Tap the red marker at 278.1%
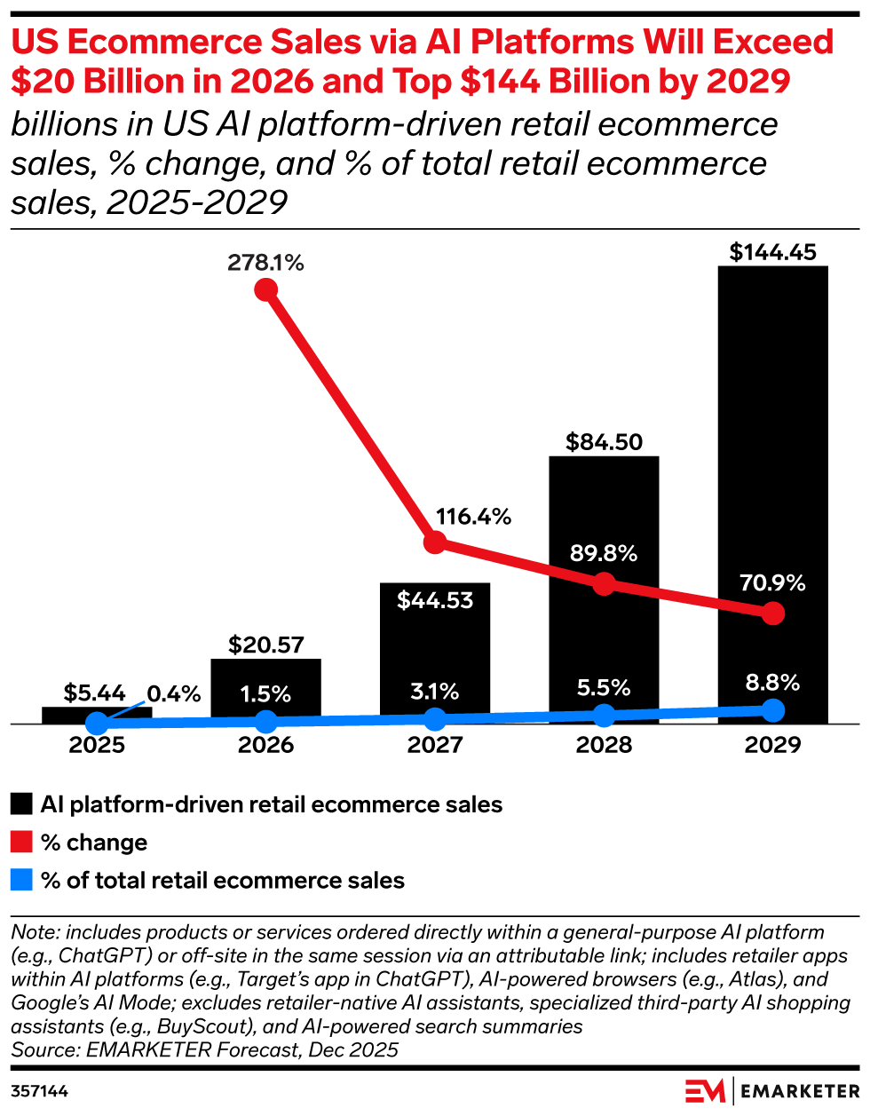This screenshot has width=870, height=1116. coord(265,289)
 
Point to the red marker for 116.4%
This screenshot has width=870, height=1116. coord(435,542)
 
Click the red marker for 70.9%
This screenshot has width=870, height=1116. coord(773,613)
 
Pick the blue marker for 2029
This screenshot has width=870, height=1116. coord(773,710)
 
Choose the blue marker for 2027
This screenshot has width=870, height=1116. coord(435,719)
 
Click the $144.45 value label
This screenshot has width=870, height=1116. coord(772,252)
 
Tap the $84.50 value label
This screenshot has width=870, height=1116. coord(604,442)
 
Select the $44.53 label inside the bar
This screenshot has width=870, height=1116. coord(435,601)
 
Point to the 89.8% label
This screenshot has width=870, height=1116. coord(604,554)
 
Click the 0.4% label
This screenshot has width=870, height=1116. coord(174,694)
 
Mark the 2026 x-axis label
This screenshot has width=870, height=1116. coord(265,745)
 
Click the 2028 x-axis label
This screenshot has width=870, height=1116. coord(604,745)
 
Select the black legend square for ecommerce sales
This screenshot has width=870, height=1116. coord(21,804)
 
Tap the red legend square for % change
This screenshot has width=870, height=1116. coord(21,842)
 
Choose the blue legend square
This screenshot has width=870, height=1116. coord(21,880)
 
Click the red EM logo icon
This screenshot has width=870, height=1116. coord(705,1091)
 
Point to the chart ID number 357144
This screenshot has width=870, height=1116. coord(40,1091)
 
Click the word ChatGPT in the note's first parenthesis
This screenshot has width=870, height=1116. coord(91,956)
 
